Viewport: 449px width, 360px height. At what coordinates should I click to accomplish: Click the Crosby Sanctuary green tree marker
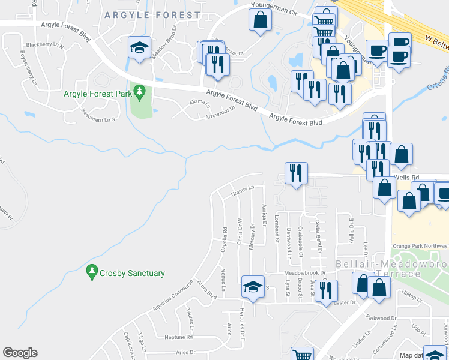[x=92, y=273]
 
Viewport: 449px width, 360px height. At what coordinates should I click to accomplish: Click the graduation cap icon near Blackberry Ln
[x=139, y=47]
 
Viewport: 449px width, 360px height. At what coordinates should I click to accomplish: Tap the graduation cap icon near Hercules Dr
[x=253, y=286]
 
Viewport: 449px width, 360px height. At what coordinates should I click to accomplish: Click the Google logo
[x=20, y=353]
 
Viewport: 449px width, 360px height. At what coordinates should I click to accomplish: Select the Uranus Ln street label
[x=243, y=191]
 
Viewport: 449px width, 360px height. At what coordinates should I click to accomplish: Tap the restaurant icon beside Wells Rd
[x=295, y=173]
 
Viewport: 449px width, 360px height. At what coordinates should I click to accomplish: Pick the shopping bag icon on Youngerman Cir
[x=261, y=21]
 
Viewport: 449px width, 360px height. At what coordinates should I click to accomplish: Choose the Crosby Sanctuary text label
[x=133, y=274]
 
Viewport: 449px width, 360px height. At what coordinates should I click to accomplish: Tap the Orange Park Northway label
[x=420, y=246]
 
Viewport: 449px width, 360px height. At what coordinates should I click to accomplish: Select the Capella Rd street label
[x=223, y=238]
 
